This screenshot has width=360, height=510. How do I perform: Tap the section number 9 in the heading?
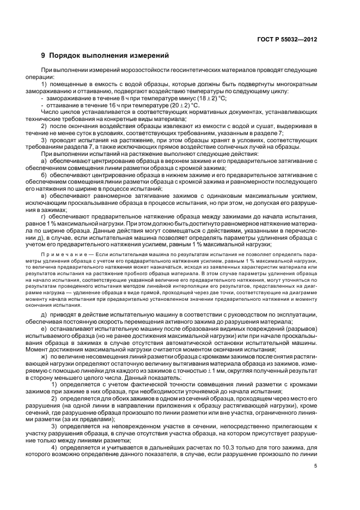pos(44,56)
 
